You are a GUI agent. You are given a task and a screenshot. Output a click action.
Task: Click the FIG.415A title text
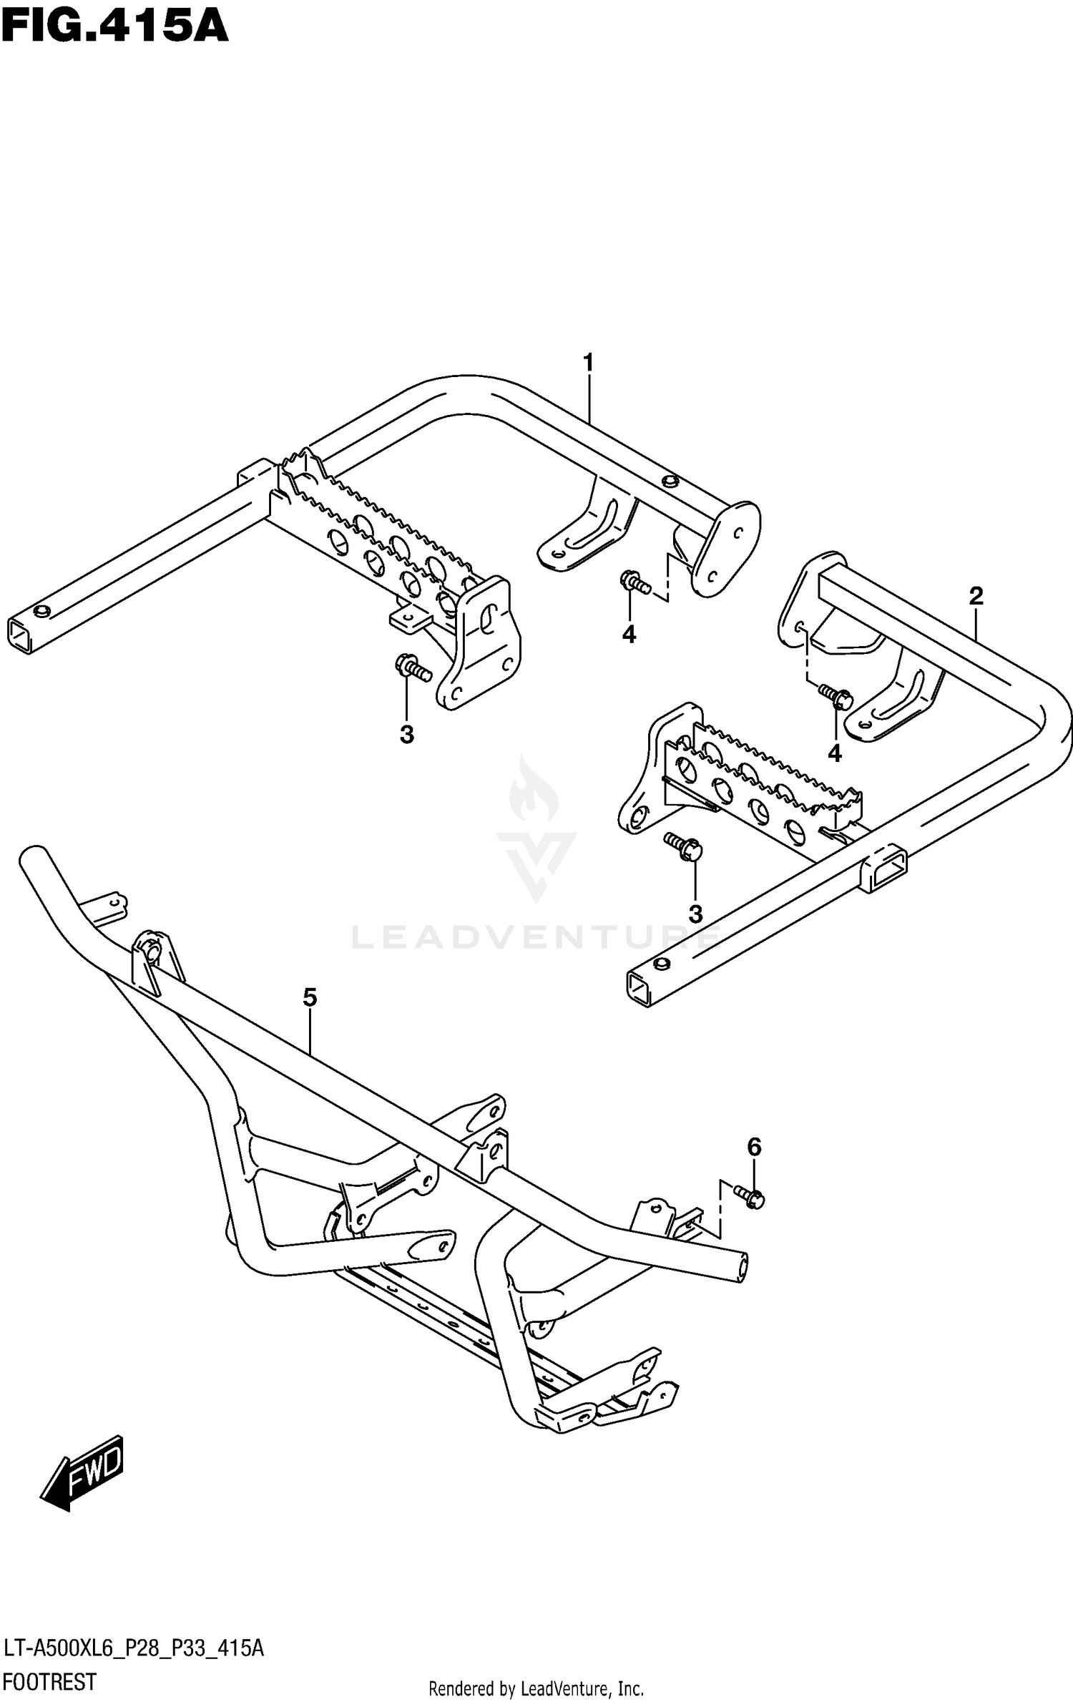[114, 29]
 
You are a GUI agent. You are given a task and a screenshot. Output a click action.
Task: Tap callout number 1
[588, 363]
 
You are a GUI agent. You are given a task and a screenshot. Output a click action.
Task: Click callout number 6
[755, 1147]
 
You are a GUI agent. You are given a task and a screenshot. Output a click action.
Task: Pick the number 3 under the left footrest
[406, 734]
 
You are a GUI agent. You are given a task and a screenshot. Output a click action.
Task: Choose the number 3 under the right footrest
[695, 914]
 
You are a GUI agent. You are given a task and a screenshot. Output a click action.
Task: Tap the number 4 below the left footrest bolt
[629, 634]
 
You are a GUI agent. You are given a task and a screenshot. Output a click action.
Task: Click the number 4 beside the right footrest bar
[834, 753]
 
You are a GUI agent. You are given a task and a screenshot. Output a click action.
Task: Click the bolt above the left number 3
[413, 667]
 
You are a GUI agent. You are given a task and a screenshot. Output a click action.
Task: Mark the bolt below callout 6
[749, 1196]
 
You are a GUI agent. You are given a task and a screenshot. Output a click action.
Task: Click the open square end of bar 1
[20, 635]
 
